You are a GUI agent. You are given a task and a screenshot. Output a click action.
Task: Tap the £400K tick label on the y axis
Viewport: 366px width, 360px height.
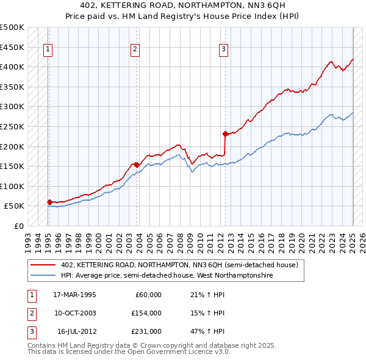(x=12, y=67)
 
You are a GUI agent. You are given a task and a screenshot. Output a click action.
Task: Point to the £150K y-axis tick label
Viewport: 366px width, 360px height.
(x=12, y=166)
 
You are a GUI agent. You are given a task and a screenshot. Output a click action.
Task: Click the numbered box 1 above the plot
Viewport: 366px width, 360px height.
(x=48, y=50)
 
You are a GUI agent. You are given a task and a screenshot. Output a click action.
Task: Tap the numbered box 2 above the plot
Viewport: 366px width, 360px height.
(x=135, y=50)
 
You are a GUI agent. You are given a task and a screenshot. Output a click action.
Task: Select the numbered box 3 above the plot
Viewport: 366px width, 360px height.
(x=224, y=50)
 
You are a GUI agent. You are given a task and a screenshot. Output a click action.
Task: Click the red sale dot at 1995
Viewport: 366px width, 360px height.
(x=49, y=202)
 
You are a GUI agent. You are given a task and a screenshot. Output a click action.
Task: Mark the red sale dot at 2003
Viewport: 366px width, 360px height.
(x=137, y=164)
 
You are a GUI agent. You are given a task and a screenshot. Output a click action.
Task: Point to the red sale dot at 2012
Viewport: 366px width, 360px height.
(x=225, y=134)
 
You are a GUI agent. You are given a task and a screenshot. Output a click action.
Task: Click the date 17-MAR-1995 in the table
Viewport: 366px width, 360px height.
(x=74, y=294)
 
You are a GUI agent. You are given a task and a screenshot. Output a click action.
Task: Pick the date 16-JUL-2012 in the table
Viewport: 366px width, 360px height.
(x=76, y=332)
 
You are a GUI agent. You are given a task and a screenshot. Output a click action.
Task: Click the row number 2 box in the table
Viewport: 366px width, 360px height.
(x=31, y=313)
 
